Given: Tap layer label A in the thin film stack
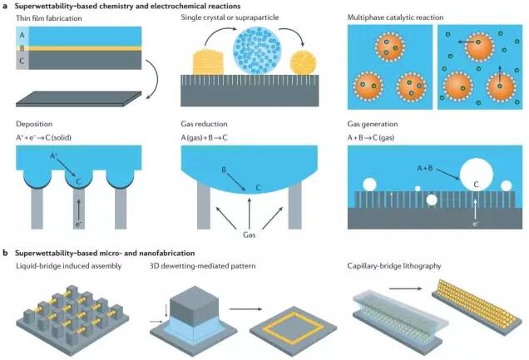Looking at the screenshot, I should tap(21, 35).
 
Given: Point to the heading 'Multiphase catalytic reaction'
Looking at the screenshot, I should tap(399, 18).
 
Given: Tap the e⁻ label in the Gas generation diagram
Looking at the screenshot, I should tap(477, 223).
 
